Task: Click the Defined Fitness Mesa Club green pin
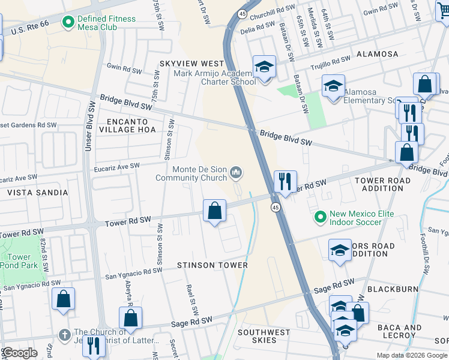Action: click(68, 23)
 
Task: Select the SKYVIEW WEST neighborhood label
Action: click(191, 64)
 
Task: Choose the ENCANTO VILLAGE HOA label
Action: click(127, 125)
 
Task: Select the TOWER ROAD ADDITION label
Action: click(382, 184)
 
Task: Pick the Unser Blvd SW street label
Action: click(88, 132)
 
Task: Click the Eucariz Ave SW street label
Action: click(116, 166)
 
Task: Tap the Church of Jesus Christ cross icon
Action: click(65, 334)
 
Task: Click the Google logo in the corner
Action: click(20, 353)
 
